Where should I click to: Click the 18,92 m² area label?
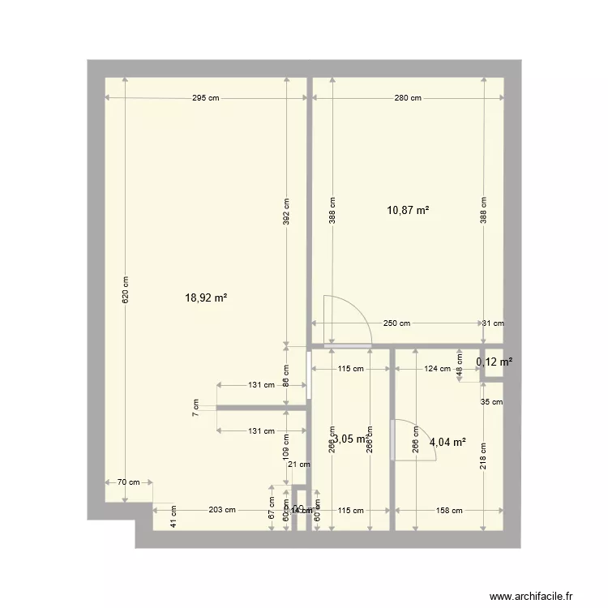[206, 298]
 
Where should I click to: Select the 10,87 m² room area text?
[408, 211]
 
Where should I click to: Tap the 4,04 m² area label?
[448, 443]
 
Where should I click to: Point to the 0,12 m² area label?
[495, 362]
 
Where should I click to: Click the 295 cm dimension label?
[206, 99]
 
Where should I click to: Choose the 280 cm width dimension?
[408, 99]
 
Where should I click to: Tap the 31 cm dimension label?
[493, 323]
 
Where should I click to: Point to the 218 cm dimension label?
[483, 456]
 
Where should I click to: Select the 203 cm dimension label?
[222, 511]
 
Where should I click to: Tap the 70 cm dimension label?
[128, 482]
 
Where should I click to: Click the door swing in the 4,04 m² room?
[413, 442]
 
